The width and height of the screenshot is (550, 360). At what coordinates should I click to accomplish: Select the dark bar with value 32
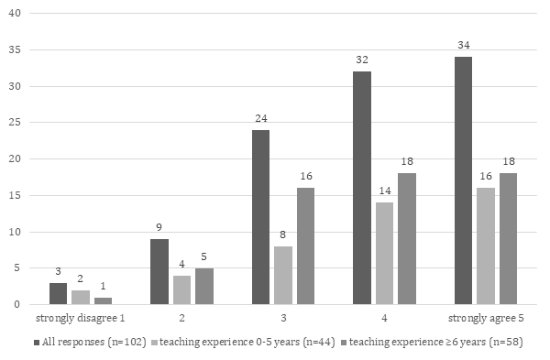[361, 188]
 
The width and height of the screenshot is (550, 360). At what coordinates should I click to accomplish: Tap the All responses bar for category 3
[259, 217]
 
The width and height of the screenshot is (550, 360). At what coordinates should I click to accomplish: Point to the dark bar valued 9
[158, 271]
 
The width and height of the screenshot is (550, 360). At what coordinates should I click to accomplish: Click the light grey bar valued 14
[385, 253]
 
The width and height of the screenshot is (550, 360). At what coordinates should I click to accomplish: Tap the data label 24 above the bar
[259, 119]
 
